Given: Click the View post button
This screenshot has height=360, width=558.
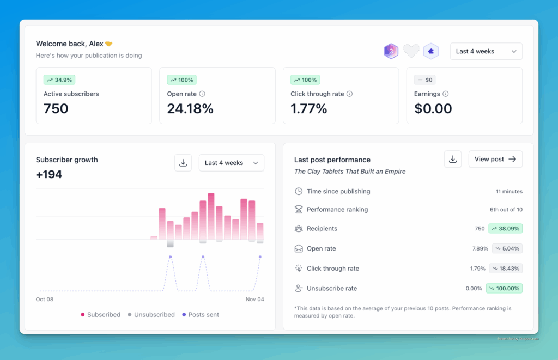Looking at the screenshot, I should [495, 159].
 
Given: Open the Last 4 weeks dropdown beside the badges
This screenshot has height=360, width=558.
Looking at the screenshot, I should [486, 51].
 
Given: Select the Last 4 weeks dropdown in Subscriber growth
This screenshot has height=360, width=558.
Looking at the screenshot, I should [231, 163].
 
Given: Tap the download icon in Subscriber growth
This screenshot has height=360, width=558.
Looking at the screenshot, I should [183, 163].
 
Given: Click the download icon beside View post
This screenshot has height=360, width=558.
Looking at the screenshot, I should [452, 159].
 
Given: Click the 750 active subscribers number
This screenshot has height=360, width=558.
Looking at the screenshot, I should [56, 108].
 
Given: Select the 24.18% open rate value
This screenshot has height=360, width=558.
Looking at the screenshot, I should [190, 108].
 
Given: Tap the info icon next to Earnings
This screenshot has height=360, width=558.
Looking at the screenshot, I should [446, 94].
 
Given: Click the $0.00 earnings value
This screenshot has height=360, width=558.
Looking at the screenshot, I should [433, 108].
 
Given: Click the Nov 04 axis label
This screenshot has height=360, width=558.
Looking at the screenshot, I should [255, 299].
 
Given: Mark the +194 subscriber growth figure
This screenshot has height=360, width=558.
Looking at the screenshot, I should [49, 175].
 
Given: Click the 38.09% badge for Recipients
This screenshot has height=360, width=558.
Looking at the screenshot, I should [505, 229].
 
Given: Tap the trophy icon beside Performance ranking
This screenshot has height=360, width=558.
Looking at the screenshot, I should [299, 209].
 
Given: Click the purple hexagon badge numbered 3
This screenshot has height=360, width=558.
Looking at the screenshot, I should [391, 51].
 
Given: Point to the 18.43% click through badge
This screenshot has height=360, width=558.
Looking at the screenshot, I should [507, 269].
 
